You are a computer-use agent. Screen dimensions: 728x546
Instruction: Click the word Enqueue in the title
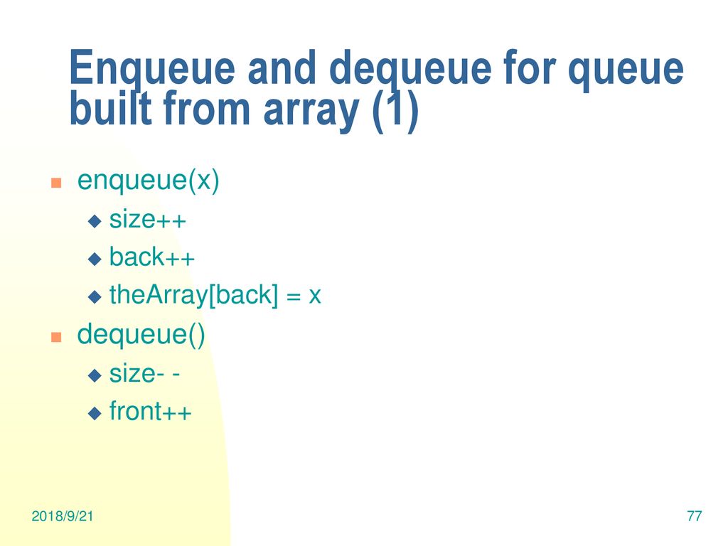(x=152, y=70)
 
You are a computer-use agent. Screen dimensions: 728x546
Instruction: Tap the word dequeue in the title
(x=410, y=70)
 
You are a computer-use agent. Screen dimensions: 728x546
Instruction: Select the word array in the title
(x=311, y=112)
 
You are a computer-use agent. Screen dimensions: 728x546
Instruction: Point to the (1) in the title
(x=395, y=110)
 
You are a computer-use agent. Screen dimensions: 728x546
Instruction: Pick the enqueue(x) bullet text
(x=148, y=181)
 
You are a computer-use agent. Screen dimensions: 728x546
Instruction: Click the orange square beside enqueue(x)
(x=56, y=183)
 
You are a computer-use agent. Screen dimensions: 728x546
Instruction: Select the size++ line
(x=148, y=220)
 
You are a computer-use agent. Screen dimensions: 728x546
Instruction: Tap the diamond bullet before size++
(x=95, y=221)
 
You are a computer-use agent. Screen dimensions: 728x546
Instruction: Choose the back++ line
(x=152, y=257)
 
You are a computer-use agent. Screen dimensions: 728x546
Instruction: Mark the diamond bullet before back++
(x=95, y=259)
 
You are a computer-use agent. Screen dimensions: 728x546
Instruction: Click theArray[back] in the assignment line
(x=193, y=295)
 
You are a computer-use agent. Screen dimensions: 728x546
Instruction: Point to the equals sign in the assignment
(x=294, y=296)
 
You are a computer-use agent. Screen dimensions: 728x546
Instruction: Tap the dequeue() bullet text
(x=141, y=335)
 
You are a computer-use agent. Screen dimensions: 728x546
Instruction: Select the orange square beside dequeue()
(x=56, y=336)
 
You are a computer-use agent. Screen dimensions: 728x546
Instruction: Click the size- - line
(x=144, y=374)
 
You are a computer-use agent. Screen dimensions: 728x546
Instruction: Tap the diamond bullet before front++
(x=95, y=413)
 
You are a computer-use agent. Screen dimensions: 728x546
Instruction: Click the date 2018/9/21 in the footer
(x=63, y=516)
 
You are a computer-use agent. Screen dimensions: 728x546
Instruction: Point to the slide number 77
(x=694, y=516)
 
